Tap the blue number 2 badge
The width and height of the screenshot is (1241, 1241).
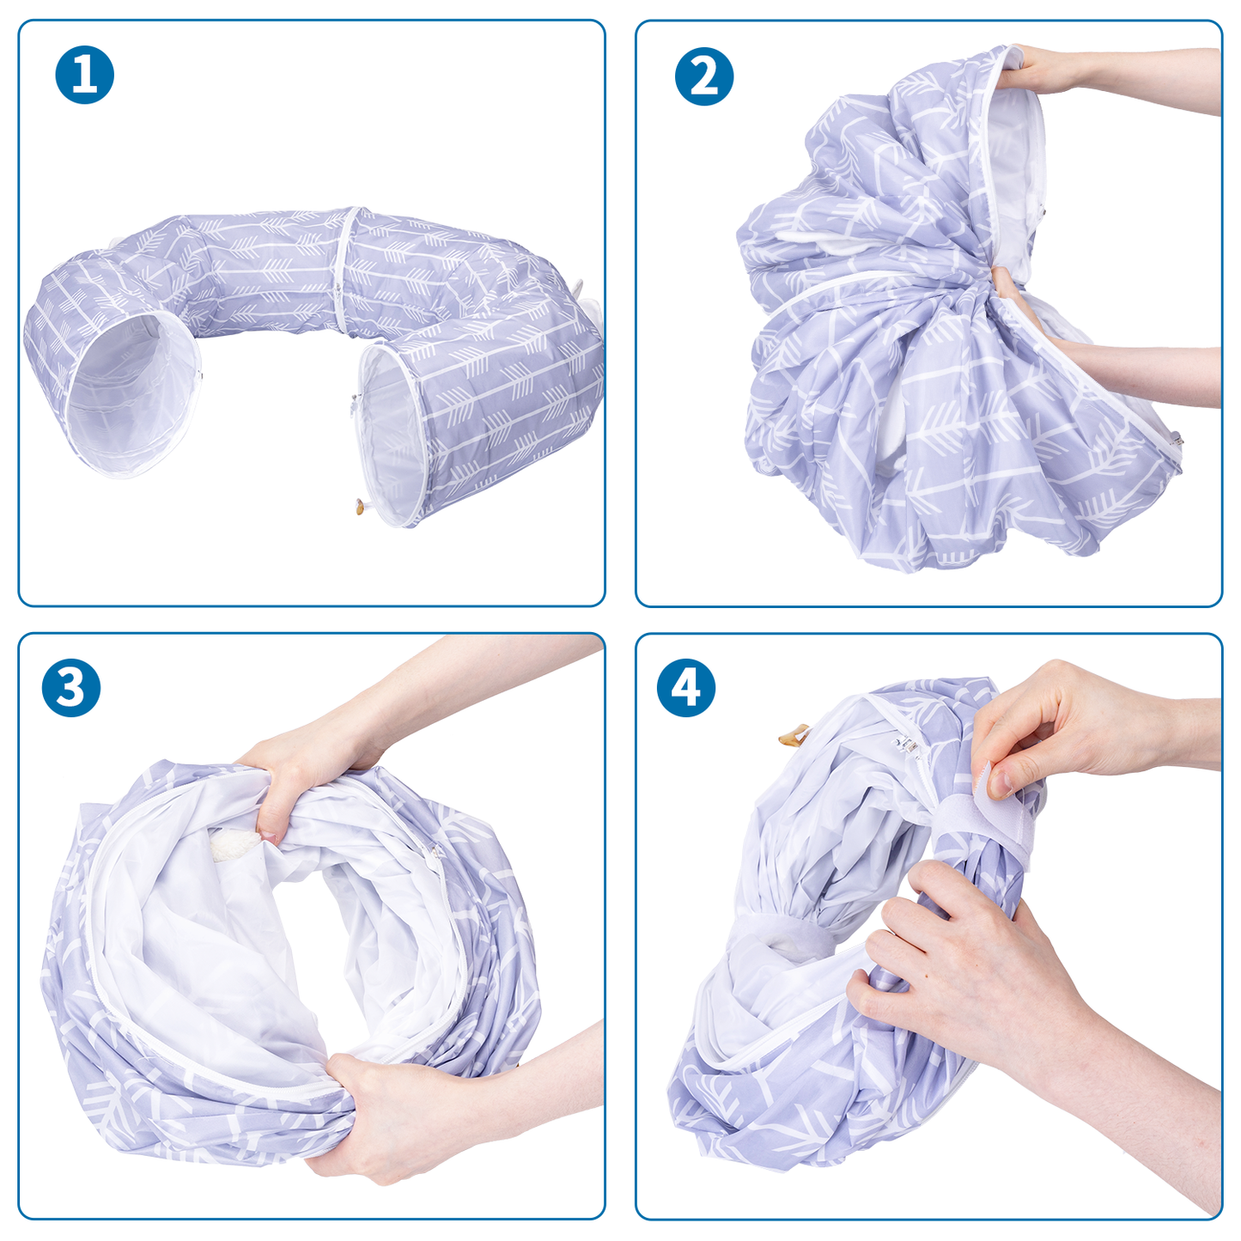tap(704, 76)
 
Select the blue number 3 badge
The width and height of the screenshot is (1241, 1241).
tap(70, 687)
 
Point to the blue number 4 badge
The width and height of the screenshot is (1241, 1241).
tap(686, 687)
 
